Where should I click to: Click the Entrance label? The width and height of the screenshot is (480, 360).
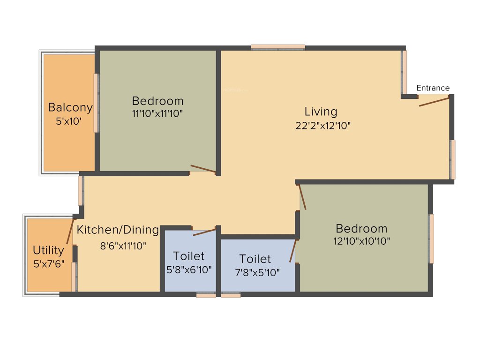(433, 88)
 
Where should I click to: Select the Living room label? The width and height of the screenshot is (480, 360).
(321, 112)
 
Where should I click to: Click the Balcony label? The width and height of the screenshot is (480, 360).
(70, 107)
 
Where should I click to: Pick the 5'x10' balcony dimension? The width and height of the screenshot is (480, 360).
(69, 121)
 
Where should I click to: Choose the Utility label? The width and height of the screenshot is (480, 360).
(48, 250)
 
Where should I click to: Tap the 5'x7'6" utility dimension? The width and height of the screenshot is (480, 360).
(49, 263)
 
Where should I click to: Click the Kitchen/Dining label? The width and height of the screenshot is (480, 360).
(118, 230)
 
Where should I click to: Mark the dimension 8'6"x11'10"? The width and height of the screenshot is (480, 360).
(123, 245)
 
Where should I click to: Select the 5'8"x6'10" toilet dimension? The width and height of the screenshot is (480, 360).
(189, 270)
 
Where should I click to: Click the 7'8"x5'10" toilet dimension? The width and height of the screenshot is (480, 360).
(257, 272)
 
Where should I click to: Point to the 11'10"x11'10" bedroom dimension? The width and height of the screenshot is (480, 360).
(157, 113)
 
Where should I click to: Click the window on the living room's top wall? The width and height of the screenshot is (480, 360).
(278, 47)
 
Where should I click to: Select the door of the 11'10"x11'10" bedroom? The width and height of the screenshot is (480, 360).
(203, 169)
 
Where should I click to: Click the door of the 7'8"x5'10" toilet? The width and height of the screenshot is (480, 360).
(293, 251)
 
